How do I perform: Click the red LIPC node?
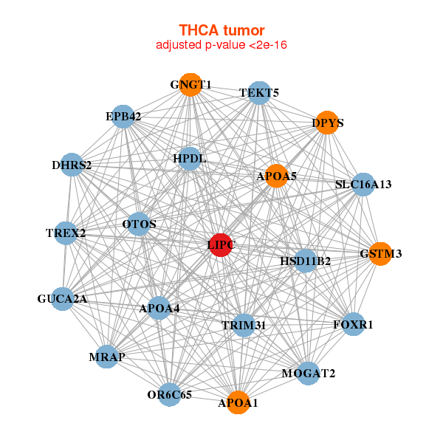[221, 245]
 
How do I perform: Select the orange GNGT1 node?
[190, 85]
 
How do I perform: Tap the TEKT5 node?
[259, 93]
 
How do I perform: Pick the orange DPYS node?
[327, 123]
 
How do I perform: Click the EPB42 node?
[123, 117]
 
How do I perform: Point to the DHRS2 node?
[72, 165]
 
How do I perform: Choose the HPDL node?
[190, 159]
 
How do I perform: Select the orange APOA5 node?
[276, 176]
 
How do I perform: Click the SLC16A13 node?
[363, 184]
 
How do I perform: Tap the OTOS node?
[139, 224]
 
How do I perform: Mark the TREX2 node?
[66, 233]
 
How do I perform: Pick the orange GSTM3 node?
[380, 254]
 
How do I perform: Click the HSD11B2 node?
[306, 261]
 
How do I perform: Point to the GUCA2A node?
[63, 299]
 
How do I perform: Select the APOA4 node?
[159, 308]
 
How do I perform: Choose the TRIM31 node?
[244, 325]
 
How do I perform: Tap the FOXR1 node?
[353, 324]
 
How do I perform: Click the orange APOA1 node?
[238, 402]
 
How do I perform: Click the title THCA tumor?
[221, 30]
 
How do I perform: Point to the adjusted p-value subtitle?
[221, 45]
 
